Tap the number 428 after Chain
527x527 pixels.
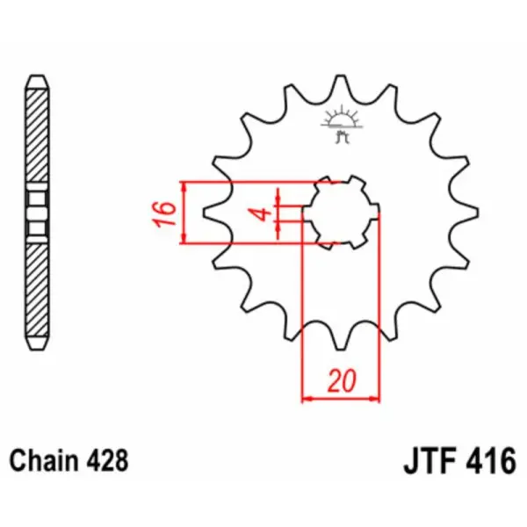click(109, 459)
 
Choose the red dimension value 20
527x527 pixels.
click(341, 381)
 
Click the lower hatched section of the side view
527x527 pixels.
click(37, 290)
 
